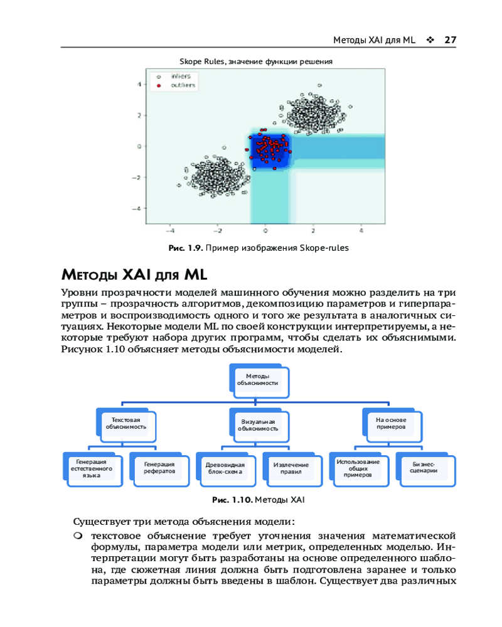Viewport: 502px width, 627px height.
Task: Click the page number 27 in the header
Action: [x=449, y=40]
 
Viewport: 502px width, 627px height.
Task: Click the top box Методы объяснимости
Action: [x=257, y=380]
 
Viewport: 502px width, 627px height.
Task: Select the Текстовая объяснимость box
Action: [x=125, y=423]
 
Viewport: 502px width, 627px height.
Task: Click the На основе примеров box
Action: [x=390, y=423]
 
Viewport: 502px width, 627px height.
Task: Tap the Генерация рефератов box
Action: [x=159, y=468]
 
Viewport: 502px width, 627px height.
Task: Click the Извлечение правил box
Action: [x=291, y=468]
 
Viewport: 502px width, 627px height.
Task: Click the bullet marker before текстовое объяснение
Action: [x=78, y=537]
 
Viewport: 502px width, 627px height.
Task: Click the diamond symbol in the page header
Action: [x=430, y=40]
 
